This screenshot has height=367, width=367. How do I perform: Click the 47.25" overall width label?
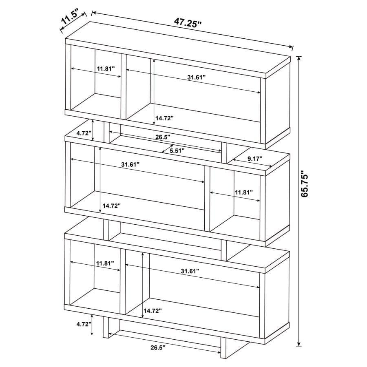[x=188, y=22]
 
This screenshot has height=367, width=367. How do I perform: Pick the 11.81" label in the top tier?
[x=106, y=69]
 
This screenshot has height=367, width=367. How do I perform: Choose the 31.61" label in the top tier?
[x=197, y=77]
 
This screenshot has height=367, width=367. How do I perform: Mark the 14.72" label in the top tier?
[x=164, y=118]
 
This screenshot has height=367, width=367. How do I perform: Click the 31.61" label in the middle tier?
[x=130, y=164]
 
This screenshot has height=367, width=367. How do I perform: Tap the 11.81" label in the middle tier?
[x=243, y=192]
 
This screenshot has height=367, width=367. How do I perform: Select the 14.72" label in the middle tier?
[x=111, y=206]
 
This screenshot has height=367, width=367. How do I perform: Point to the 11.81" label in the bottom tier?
[x=105, y=263]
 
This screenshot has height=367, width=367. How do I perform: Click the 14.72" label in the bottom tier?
[x=152, y=311]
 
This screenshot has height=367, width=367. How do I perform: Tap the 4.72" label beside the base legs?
[x=83, y=325]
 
